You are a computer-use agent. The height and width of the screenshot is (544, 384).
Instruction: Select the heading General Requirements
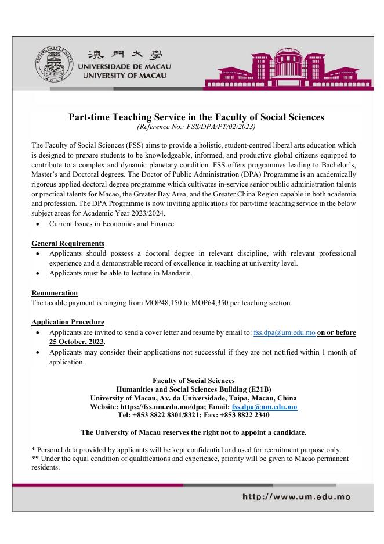tap(68, 244)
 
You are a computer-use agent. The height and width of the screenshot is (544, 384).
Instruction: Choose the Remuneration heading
tap(55, 293)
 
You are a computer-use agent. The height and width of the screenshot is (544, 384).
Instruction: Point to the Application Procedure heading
tap(68, 322)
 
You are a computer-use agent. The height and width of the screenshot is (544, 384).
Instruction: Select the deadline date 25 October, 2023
tap(67, 342)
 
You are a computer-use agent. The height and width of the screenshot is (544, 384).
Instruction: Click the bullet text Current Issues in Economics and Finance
tap(111, 224)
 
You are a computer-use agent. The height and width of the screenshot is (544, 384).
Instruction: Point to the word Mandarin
tap(177, 273)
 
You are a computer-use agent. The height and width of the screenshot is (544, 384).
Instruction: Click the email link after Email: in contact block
tap(264, 407)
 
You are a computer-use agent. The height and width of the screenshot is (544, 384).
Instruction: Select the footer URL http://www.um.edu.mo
tap(296, 497)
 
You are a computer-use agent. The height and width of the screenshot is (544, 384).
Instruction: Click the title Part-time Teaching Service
tap(196, 117)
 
